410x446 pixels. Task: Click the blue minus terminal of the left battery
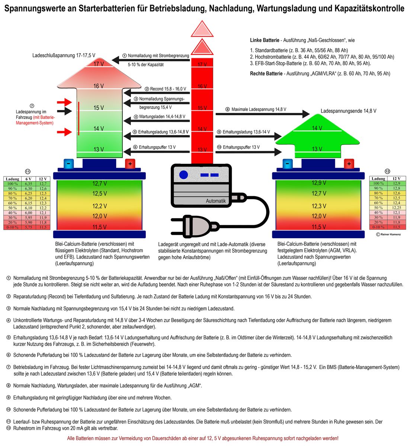tap(69, 164)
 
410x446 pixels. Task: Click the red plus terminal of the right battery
tap(349, 164)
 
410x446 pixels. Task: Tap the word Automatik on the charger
tap(216, 201)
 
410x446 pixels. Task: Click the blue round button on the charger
tap(183, 174)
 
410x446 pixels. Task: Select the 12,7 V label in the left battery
tap(99, 184)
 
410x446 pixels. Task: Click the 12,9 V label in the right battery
tap(319, 183)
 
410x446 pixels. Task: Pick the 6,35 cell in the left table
tap(28, 184)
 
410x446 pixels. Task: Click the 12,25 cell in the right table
tap(397, 208)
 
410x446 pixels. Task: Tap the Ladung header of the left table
tap(13, 179)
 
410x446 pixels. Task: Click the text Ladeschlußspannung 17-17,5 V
tap(64, 55)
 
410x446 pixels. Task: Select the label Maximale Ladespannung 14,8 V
tap(259, 110)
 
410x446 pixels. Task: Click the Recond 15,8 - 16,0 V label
tap(168, 89)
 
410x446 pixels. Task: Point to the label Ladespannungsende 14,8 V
tap(348, 111)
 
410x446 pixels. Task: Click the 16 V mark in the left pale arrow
tap(99, 86)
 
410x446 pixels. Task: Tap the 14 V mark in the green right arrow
tap(317, 128)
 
